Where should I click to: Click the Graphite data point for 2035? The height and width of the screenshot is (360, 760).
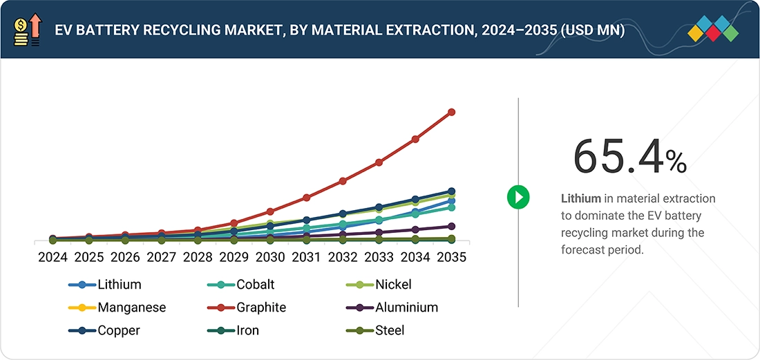pos(451,112)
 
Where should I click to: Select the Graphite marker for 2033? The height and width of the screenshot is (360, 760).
pos(379,162)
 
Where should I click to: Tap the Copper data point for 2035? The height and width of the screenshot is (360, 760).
pos(451,191)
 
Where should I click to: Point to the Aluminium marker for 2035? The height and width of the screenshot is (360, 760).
pos(451,226)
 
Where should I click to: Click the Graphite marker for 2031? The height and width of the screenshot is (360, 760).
pos(306,198)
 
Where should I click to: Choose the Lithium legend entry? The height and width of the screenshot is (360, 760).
pos(105,285)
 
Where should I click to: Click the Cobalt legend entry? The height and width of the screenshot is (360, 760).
pos(241,285)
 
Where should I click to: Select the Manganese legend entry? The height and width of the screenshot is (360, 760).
pos(117,307)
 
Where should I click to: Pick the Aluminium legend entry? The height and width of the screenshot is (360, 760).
pos(392,307)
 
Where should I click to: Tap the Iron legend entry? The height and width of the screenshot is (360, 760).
pos(233,330)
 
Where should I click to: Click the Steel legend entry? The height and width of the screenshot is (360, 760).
pos(374,330)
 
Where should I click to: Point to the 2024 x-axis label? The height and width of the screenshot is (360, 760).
pos(53,257)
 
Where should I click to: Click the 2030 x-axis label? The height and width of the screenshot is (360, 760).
pos(270,257)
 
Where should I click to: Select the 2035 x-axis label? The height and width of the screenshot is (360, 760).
pos(451,257)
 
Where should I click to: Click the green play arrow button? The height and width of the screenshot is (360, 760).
pos(518,197)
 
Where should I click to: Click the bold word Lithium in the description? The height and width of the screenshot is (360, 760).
pos(580,198)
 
